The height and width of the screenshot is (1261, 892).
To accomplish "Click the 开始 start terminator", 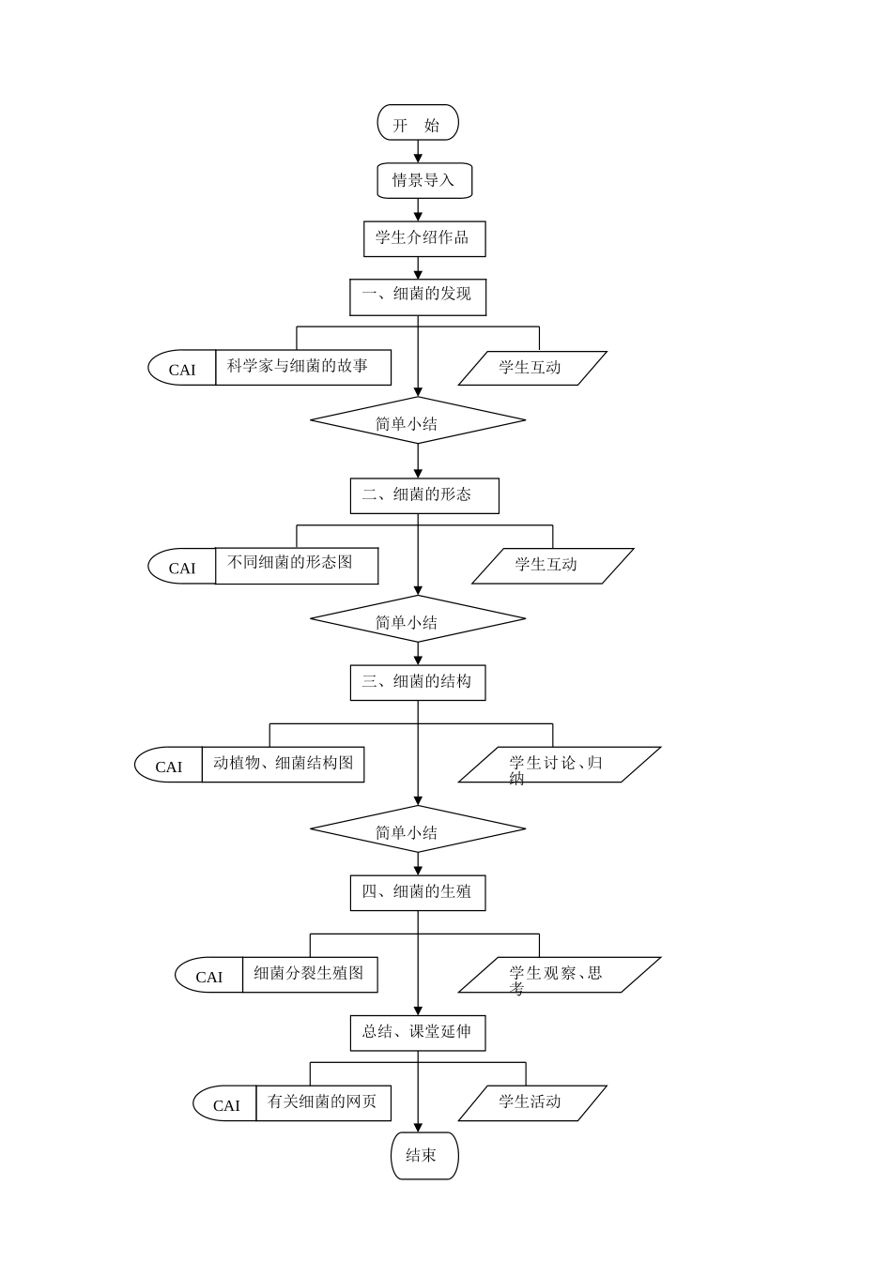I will click(x=418, y=123).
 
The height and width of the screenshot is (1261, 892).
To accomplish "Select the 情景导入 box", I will click(x=424, y=180).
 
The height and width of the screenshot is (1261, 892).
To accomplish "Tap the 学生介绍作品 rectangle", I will click(x=424, y=238).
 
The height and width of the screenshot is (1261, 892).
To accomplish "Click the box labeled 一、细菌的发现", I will click(x=418, y=296).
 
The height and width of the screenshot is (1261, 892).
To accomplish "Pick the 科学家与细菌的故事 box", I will click(x=303, y=367).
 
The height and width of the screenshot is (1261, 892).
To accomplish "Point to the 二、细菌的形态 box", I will click(x=424, y=495).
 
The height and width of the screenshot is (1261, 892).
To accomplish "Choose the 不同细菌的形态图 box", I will click(x=297, y=566).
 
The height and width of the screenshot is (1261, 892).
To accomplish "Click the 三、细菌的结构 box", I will click(x=418, y=682).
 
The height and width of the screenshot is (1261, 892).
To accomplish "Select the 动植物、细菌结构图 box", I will click(x=283, y=765).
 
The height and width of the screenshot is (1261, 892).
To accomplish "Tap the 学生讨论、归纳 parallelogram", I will click(x=560, y=765).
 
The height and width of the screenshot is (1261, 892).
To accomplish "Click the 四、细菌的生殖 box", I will click(x=418, y=892).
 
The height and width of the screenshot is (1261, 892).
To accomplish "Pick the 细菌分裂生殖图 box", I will click(x=310, y=975).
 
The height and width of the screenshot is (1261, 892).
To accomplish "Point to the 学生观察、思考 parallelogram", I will click(x=560, y=975).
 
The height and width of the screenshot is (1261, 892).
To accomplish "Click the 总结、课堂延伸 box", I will click(x=418, y=1032).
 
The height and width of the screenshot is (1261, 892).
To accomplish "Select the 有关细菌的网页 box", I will click(x=323, y=1103).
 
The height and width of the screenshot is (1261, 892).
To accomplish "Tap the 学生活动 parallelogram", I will click(x=532, y=1103).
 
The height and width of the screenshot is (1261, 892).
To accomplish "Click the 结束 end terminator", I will click(x=424, y=1155).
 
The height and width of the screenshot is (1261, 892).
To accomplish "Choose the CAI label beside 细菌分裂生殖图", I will click(x=209, y=976).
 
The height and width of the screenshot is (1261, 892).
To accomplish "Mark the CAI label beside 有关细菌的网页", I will click(x=226, y=1104).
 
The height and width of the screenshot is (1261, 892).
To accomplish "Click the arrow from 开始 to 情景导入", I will click(x=418, y=152).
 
